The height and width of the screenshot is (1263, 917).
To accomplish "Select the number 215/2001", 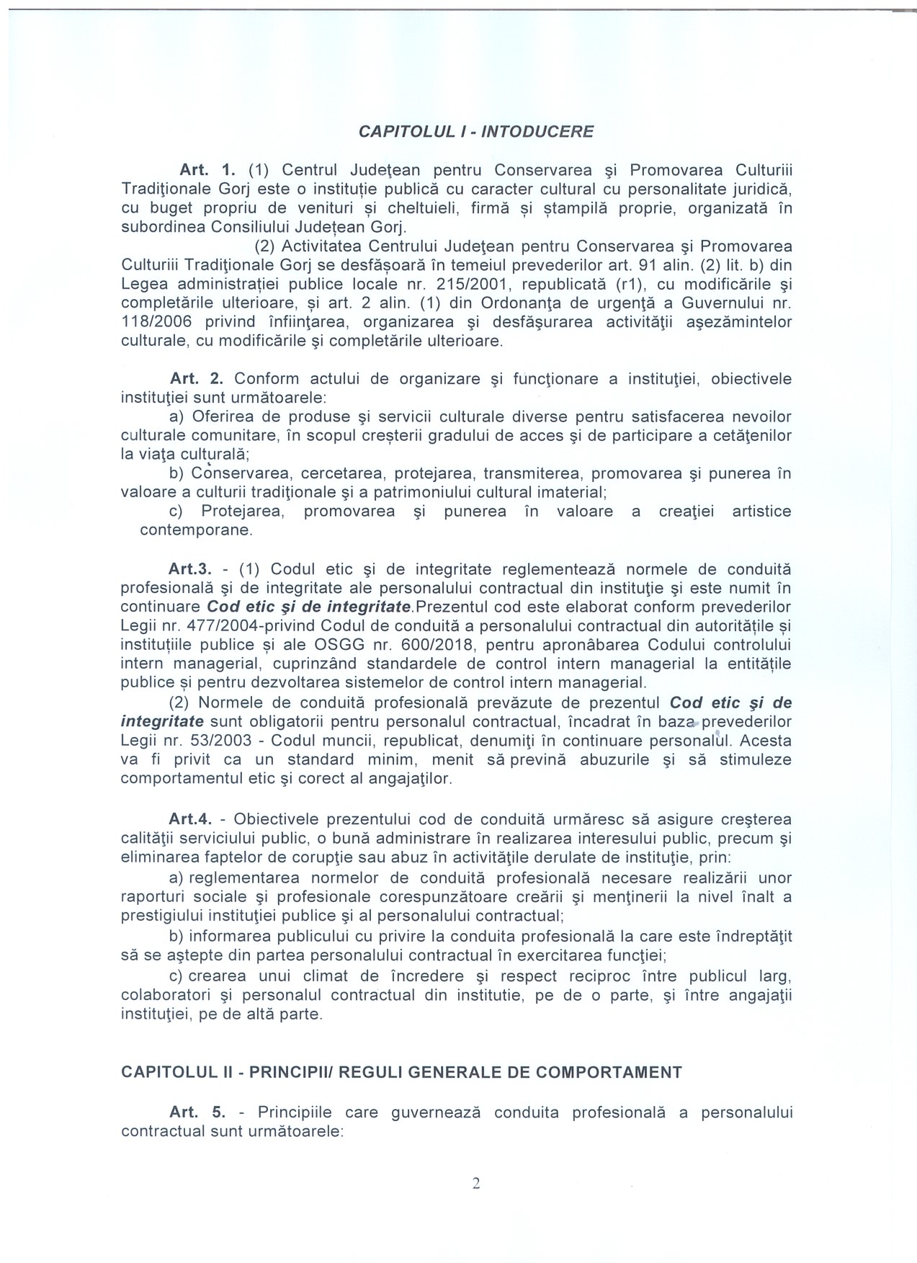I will coord(468,285).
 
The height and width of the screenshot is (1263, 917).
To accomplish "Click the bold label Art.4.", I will coord(189,819).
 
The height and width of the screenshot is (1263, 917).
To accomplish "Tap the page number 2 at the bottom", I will coord(476,1183).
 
